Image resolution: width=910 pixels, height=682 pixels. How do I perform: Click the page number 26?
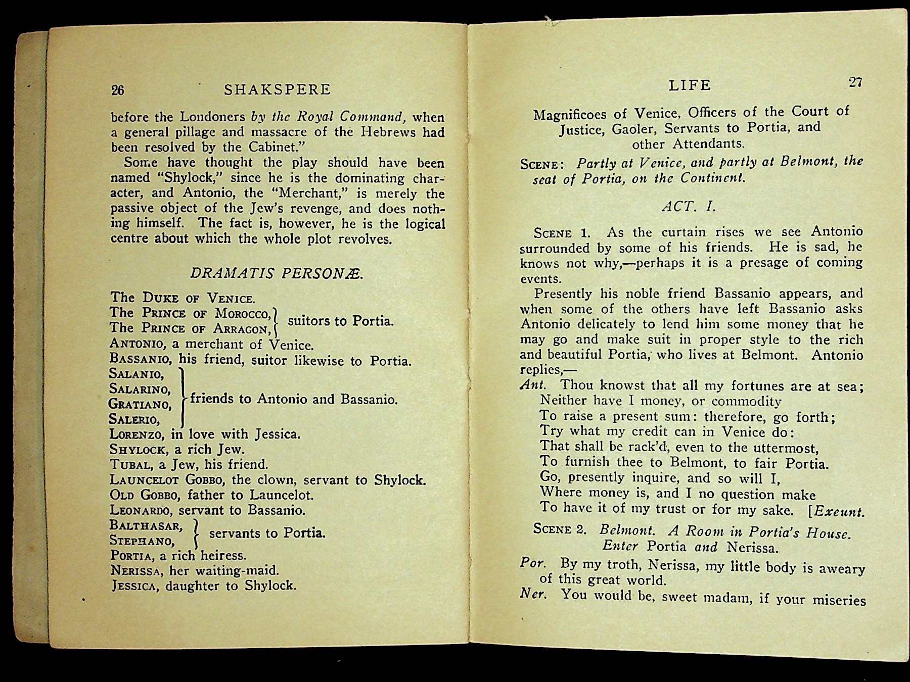point(117,90)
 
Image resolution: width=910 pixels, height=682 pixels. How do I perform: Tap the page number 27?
point(855,82)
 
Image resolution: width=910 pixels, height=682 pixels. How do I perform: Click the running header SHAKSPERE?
point(277,90)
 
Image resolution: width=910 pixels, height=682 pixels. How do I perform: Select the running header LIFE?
point(690,85)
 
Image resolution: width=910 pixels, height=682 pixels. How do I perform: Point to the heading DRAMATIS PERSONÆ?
point(277,273)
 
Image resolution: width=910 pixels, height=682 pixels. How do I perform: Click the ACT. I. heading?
point(689,207)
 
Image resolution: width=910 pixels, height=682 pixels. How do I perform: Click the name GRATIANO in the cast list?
point(140,404)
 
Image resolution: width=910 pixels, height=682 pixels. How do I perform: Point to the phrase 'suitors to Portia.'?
point(340,321)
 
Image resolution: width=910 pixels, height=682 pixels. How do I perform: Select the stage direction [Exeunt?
point(836,511)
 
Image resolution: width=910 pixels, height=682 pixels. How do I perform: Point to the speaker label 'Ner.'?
point(533,594)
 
